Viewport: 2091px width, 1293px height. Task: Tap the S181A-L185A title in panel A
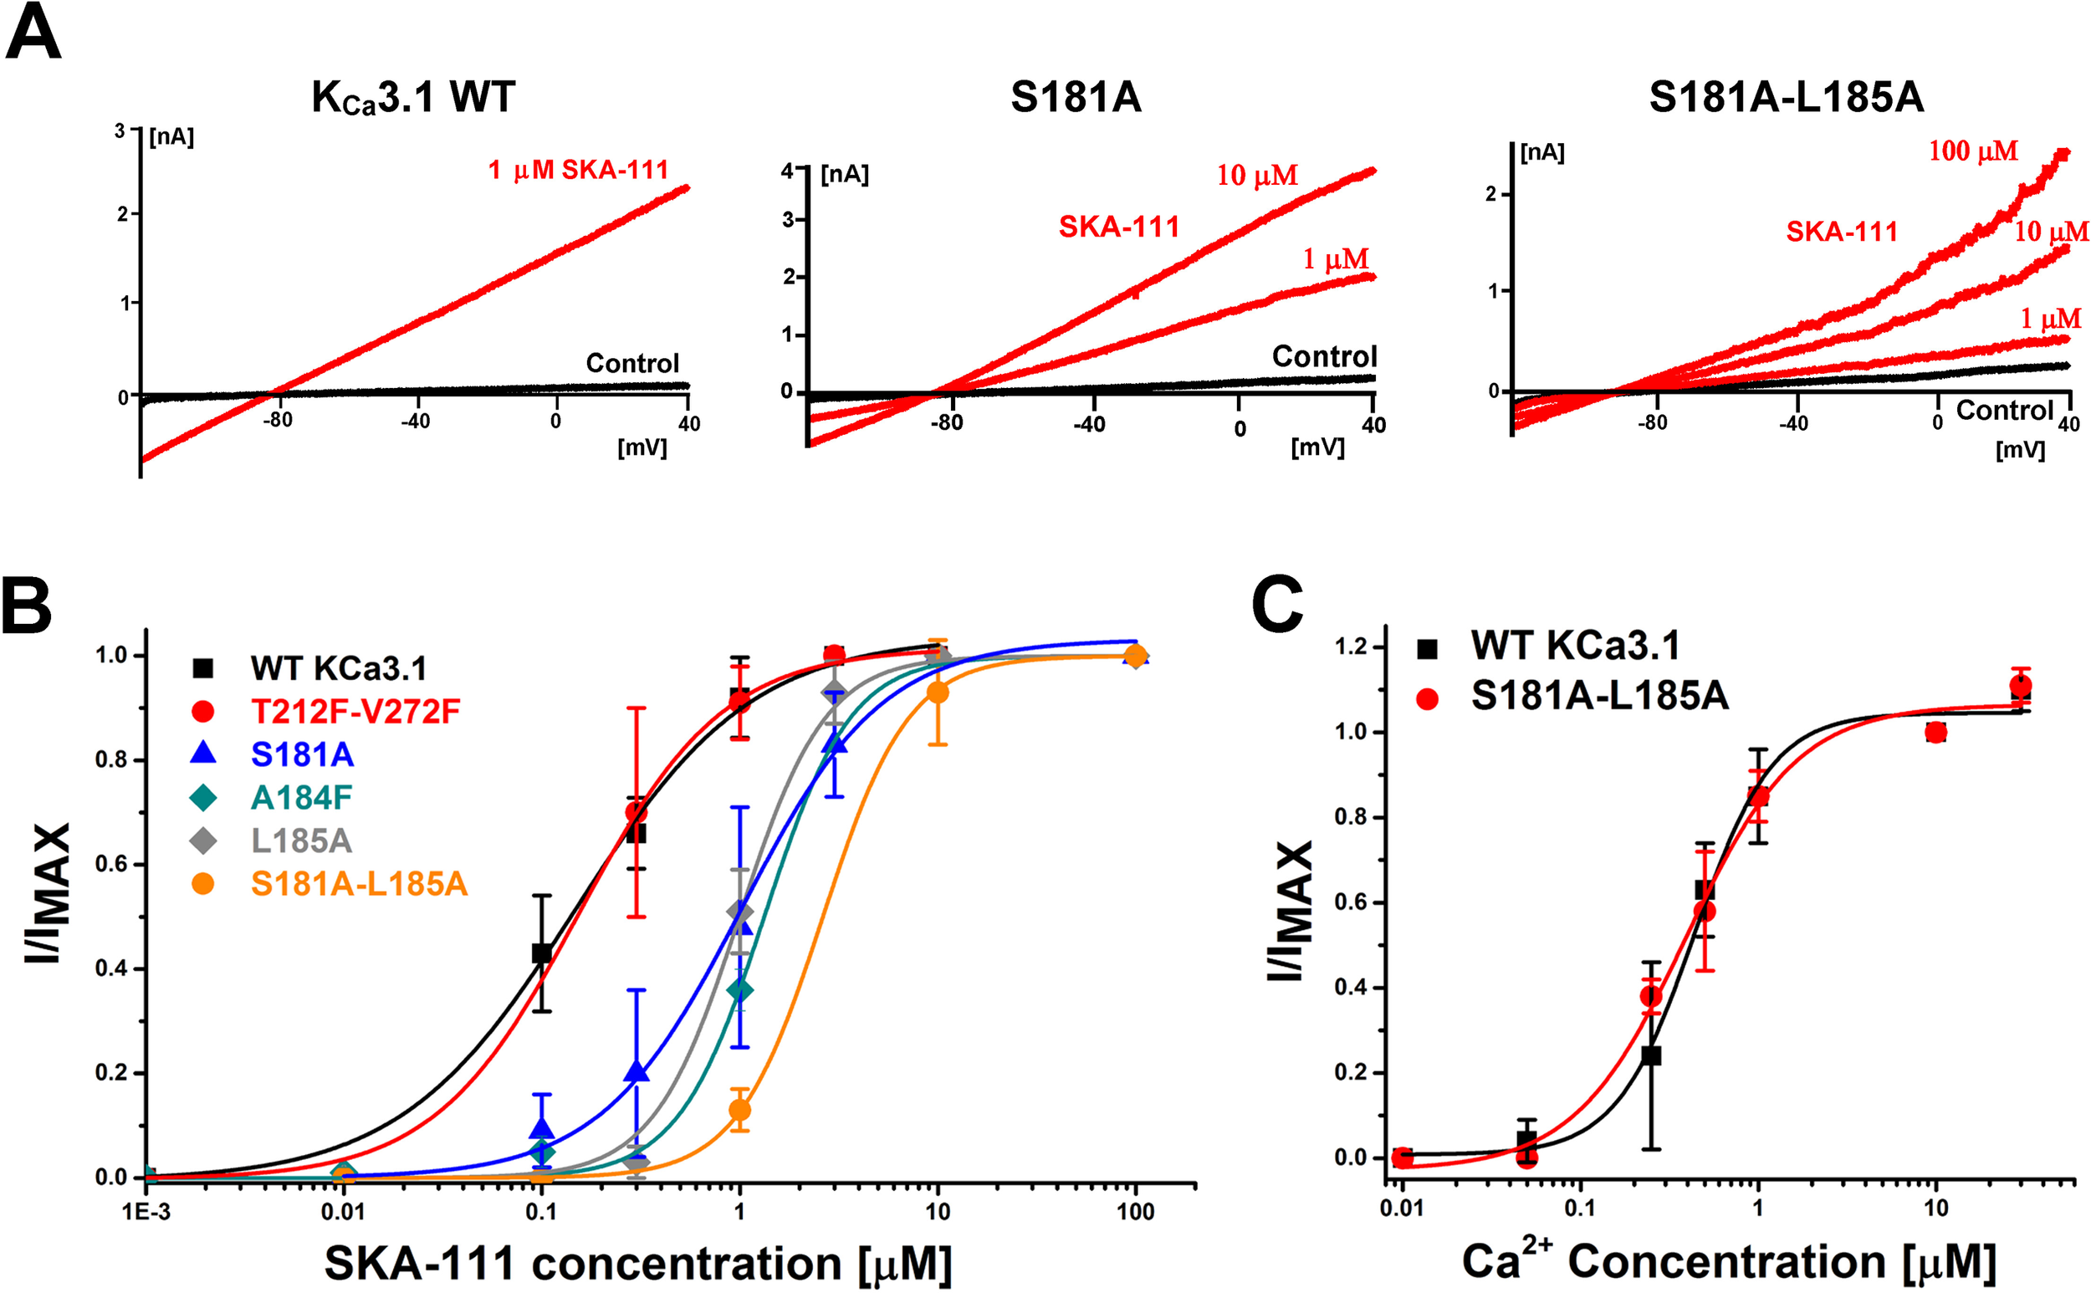pyautogui.click(x=1786, y=98)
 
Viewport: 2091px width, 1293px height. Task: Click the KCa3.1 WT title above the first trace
pyautogui.click(x=413, y=98)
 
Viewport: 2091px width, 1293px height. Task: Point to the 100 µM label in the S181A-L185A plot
pyautogui.click(x=1972, y=151)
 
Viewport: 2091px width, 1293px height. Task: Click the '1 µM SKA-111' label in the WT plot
pyautogui.click(x=578, y=170)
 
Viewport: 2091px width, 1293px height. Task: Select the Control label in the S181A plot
pyautogui.click(x=1324, y=355)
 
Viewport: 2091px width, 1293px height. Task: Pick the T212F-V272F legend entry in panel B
pyautogui.click(x=355, y=712)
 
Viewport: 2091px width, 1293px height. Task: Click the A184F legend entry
pyautogui.click(x=301, y=798)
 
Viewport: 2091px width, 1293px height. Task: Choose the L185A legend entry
pyautogui.click(x=301, y=841)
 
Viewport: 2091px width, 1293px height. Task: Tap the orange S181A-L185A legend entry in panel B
pyautogui.click(x=358, y=884)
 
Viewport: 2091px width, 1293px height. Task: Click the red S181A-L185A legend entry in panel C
pyautogui.click(x=1598, y=696)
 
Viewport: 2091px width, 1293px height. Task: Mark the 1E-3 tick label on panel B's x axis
pyautogui.click(x=146, y=1212)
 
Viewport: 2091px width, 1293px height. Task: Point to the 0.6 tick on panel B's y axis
pyautogui.click(x=110, y=865)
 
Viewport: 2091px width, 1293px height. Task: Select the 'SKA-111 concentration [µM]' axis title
pyautogui.click(x=637, y=1262)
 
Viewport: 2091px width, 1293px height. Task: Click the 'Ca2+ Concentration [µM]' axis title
pyautogui.click(x=1727, y=1260)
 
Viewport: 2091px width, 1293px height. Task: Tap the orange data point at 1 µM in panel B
pyautogui.click(x=739, y=1110)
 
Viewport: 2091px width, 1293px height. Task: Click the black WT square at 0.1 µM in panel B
pyautogui.click(x=541, y=953)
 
